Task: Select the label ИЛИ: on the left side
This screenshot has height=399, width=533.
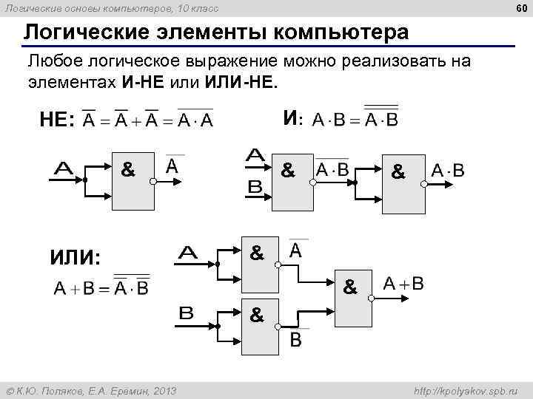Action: pyautogui.click(x=75, y=258)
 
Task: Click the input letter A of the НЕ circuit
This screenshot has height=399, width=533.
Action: pyautogui.click(x=69, y=169)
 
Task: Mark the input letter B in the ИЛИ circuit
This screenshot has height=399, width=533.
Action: pyautogui.click(x=187, y=313)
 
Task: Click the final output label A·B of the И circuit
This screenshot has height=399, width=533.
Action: pyautogui.click(x=449, y=171)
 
